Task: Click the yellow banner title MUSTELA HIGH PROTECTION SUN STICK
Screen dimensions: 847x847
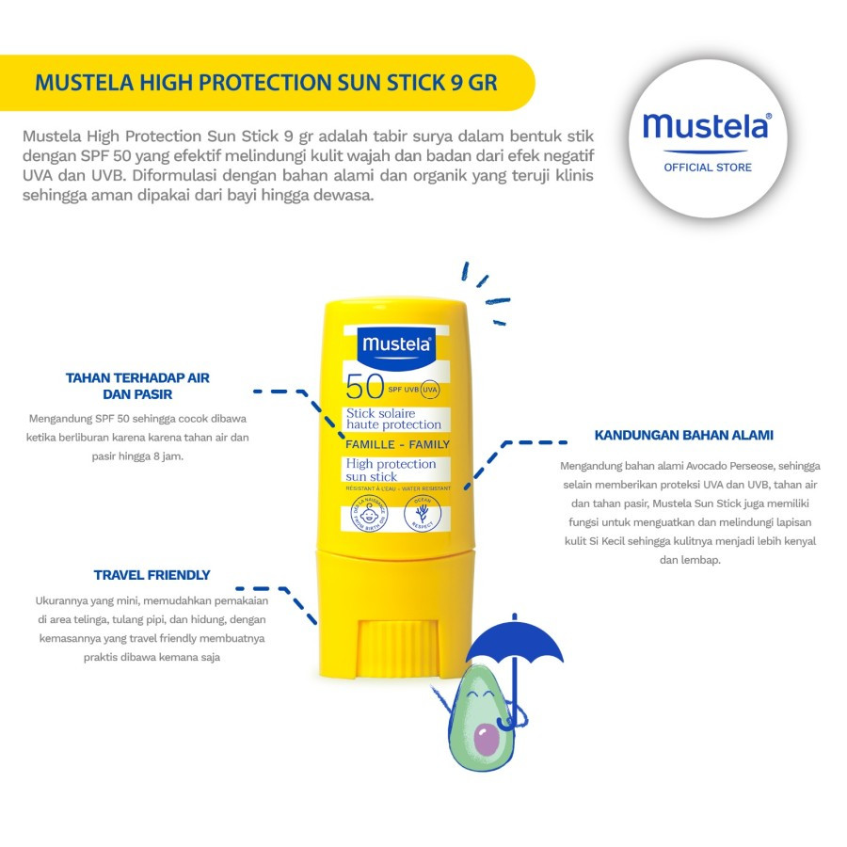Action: tap(265, 82)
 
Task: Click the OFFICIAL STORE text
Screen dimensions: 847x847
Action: tap(708, 168)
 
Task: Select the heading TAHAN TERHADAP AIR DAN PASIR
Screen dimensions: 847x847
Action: tap(137, 386)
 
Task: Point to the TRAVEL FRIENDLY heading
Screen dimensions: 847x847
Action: tap(152, 575)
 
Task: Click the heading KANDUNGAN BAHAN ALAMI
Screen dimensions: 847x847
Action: tap(684, 435)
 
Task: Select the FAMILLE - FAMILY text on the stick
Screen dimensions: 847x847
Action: tap(397, 444)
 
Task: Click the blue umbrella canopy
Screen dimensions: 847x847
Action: tap(515, 643)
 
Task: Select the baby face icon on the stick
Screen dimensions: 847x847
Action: tap(367, 514)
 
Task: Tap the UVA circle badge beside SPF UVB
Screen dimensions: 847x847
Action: tap(430, 389)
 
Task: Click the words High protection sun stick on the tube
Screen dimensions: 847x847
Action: tap(391, 470)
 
